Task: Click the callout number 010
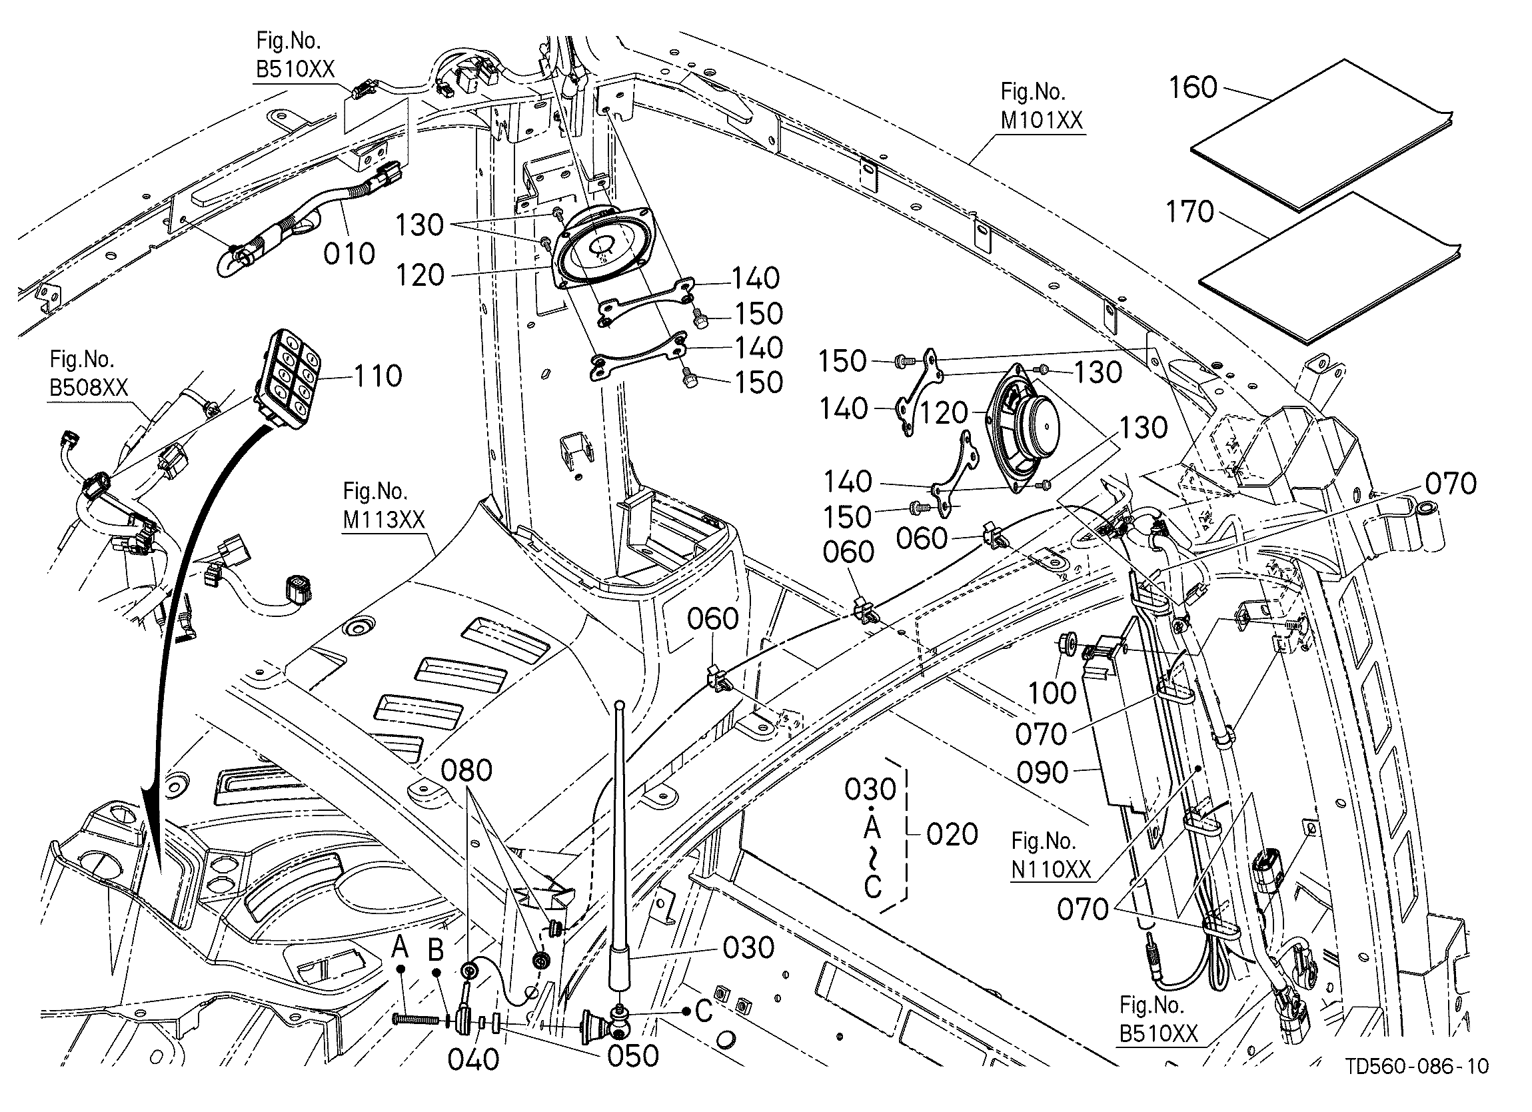(x=349, y=254)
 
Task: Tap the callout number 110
(x=378, y=376)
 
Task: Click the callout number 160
(x=1193, y=88)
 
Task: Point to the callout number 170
(x=1190, y=212)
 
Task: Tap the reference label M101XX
(x=1041, y=120)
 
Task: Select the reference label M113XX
(x=384, y=519)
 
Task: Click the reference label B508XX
(x=89, y=388)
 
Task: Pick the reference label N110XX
(x=1051, y=869)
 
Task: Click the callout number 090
(x=1043, y=773)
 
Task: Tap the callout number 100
(x=1052, y=693)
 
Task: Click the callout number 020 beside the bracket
(x=952, y=835)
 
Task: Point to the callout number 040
(x=474, y=1060)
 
